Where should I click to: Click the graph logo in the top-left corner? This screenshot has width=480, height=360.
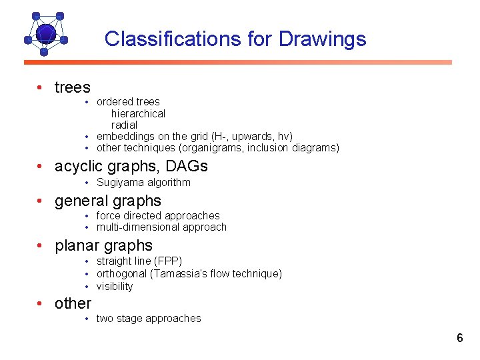coord(45,33)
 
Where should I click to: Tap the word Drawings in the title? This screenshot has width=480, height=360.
coord(322,39)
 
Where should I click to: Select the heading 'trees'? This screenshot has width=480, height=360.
coord(72,87)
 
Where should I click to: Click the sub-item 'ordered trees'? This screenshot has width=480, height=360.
coord(128,102)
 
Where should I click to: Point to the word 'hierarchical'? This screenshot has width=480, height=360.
coord(138,113)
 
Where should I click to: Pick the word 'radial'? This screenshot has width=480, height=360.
coord(124,125)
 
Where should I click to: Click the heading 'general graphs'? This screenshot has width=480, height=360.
coord(107,201)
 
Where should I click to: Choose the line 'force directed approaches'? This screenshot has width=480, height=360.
coord(157,215)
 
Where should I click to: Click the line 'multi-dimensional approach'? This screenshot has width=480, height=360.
coord(161,227)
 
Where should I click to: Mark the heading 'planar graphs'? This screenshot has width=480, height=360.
coord(103,245)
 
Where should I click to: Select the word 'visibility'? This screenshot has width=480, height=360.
coord(115,286)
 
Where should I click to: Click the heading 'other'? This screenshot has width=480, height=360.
coord(73,303)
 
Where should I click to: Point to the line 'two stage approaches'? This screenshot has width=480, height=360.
coord(148,318)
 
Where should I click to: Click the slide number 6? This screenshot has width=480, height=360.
coord(459,338)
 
